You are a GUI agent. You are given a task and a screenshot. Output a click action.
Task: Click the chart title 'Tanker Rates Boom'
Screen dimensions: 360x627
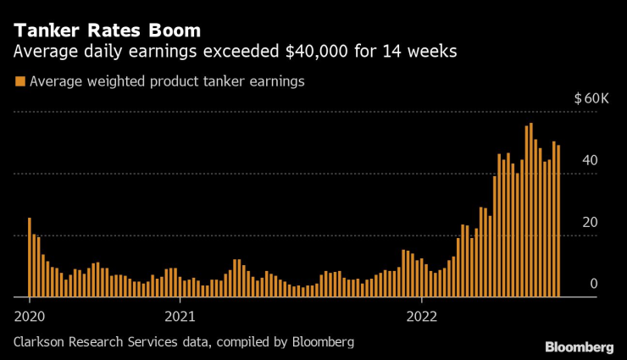(107, 30)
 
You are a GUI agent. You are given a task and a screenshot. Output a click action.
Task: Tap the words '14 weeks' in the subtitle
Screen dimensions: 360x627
(421, 52)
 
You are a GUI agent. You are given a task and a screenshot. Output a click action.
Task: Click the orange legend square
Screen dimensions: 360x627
(19, 81)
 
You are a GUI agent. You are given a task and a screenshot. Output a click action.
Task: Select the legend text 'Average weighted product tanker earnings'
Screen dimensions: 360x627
(166, 81)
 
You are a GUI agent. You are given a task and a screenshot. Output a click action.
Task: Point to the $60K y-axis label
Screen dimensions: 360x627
(591, 99)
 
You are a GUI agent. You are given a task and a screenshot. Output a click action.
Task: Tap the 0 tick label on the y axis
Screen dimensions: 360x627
(594, 284)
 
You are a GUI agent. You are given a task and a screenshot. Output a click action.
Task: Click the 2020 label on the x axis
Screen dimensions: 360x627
(30, 317)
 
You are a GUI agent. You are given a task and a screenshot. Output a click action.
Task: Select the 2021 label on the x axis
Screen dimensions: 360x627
(180, 317)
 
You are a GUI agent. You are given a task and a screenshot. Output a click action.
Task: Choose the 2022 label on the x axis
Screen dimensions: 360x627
(421, 317)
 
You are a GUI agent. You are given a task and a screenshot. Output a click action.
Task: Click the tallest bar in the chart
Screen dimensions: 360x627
(530, 210)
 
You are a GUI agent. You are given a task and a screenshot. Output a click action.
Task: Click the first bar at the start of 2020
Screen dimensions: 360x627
(30, 258)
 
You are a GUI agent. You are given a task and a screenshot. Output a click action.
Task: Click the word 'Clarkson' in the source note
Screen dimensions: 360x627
(42, 342)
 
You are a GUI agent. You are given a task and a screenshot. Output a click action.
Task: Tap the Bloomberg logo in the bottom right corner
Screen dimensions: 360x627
(579, 347)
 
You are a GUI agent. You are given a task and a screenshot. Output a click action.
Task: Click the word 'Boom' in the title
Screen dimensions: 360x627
(176, 30)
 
